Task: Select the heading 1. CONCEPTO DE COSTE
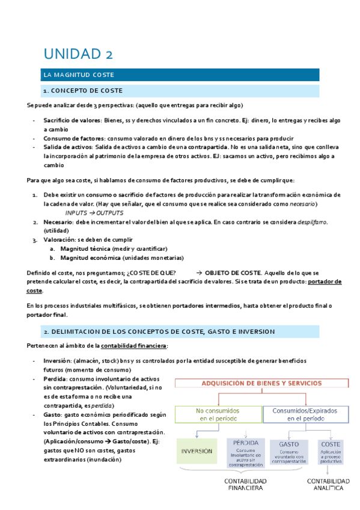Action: (82, 91)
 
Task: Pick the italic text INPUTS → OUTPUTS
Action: (94, 213)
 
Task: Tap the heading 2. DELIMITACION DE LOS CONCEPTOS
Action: (159, 331)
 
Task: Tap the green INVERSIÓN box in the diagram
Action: (197, 450)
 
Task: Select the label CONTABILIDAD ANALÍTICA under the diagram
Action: (328, 485)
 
